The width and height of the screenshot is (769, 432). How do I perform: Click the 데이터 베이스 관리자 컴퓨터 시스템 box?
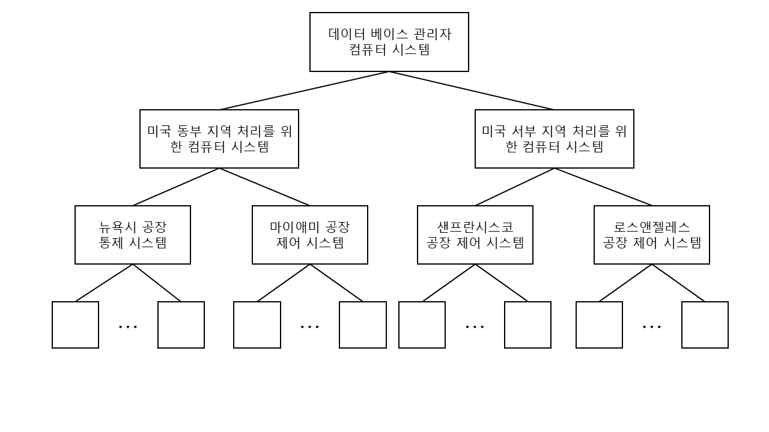point(389,42)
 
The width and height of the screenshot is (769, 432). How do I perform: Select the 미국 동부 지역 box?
point(219,139)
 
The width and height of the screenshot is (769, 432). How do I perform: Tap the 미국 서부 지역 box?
point(554,139)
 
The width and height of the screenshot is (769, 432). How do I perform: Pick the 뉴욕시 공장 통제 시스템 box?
point(132,235)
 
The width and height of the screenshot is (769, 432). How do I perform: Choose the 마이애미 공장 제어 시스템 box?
point(309,235)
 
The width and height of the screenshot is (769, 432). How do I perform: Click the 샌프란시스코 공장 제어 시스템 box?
point(475,235)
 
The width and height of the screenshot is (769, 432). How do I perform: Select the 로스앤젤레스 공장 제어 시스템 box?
point(651,235)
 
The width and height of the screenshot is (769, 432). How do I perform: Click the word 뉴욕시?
point(118,227)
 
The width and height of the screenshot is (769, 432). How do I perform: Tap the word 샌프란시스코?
point(475,227)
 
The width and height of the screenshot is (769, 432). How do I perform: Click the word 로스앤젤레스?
point(651,227)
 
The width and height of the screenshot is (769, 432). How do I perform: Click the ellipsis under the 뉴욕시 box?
point(128,326)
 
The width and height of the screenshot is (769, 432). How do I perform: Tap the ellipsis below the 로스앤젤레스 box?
point(652,326)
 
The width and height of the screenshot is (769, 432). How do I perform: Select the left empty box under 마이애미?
point(257,325)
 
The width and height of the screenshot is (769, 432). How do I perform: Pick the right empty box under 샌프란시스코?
point(527,325)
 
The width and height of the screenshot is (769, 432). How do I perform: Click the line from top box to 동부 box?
point(305,91)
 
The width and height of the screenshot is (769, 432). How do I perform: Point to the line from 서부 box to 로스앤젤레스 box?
point(603,187)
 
